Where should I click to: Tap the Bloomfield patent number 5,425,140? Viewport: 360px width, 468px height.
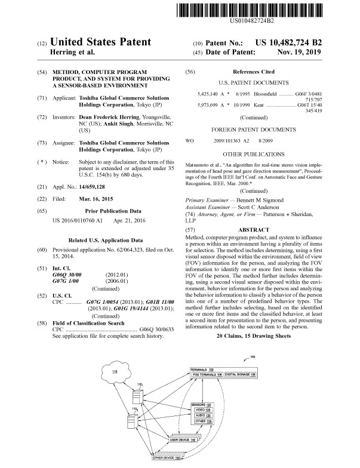(209, 95)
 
